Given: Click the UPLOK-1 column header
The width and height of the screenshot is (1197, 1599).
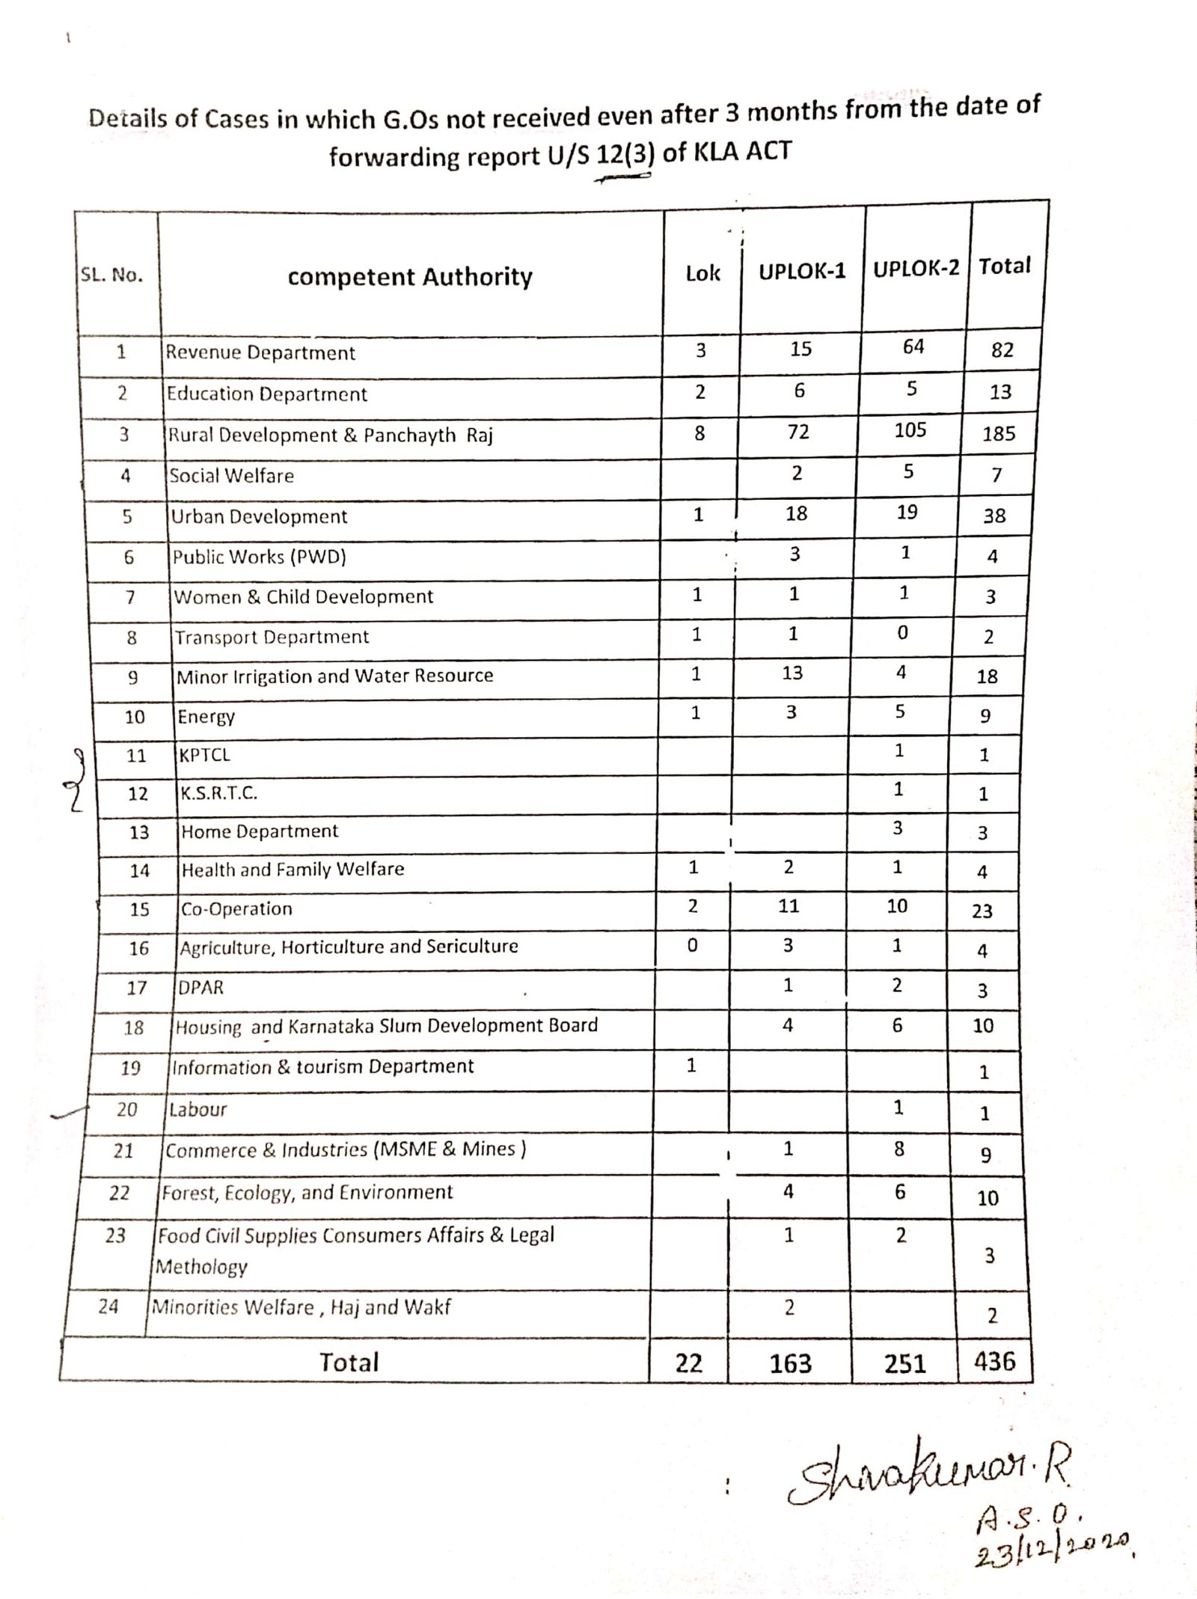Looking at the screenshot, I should click(802, 271).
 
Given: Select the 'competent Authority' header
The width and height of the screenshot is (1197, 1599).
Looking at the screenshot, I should click(410, 277).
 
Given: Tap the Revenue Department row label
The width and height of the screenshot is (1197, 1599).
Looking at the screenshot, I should click(260, 352).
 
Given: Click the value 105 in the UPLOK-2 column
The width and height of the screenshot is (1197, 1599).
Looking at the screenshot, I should click(910, 430).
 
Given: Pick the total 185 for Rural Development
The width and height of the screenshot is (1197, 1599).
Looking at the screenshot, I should click(999, 433).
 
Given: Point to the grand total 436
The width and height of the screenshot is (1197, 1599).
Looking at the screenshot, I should click(994, 1360).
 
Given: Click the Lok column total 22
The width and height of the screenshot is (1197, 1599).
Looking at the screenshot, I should click(688, 1363).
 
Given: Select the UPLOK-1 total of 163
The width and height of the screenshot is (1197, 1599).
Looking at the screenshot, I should click(790, 1363).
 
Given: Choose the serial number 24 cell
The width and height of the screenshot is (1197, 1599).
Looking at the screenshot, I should click(108, 1306).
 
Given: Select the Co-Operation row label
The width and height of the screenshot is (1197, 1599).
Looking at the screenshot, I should click(237, 908).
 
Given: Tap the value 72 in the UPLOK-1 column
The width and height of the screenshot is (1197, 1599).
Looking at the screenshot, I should click(798, 432).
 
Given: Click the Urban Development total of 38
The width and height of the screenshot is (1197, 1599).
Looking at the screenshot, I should click(994, 516).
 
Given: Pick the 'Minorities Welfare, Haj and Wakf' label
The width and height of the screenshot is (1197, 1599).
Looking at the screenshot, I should click(301, 1307).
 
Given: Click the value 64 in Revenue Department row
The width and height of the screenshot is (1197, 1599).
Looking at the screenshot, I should click(913, 346).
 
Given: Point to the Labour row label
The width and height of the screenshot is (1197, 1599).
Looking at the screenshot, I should click(198, 1109).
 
